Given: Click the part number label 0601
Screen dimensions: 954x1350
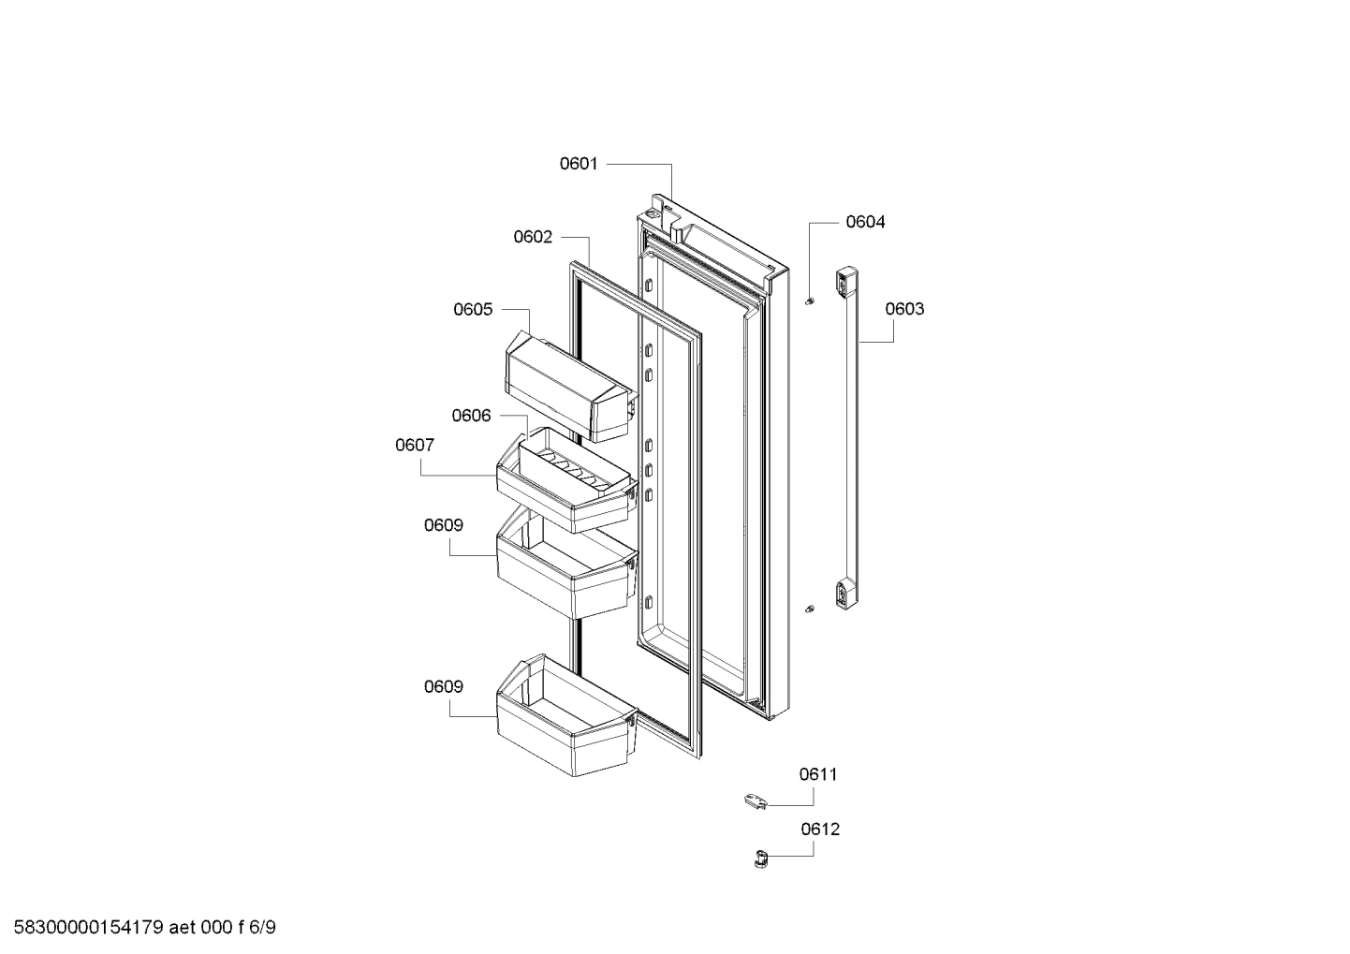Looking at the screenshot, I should point(578,164).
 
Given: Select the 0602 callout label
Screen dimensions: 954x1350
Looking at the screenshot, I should point(533,237).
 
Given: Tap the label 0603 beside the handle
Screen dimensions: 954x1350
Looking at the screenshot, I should point(903,309).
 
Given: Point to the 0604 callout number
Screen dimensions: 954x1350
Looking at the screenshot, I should point(864,222).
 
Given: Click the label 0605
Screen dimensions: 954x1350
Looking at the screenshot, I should point(473,309).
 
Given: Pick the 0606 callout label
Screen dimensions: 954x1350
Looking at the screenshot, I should point(471,416).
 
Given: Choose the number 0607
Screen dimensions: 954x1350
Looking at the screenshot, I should point(414,446).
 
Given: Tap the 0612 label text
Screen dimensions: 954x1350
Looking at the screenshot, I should point(820,829).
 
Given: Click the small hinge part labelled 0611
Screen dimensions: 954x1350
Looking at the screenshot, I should point(755,800).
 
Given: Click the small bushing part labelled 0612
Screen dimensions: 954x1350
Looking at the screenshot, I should point(760,857).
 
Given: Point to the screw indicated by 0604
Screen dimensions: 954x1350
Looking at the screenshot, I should point(811,301).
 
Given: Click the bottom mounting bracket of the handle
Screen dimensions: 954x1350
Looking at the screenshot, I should point(845,592).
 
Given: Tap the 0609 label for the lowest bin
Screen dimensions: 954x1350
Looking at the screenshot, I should point(443,686).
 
